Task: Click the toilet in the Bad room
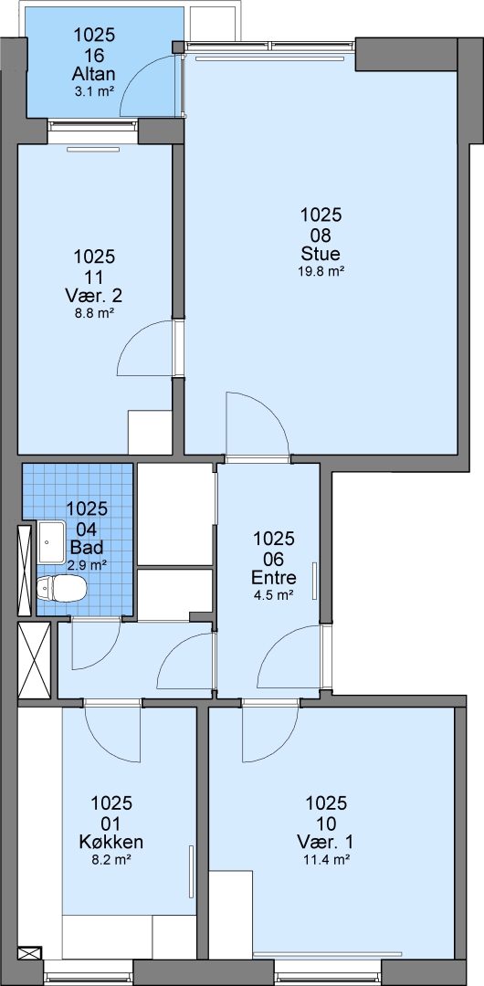[61, 588]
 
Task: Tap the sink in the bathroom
[52, 541]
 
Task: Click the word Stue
[321, 255]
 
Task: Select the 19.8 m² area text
[321, 272]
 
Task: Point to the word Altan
[94, 75]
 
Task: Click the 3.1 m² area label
[94, 91]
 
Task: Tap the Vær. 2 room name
[94, 295]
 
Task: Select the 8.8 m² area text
[94, 312]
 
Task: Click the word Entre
[274, 577]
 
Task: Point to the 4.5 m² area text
[274, 594]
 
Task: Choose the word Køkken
[111, 842]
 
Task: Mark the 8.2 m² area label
[111, 858]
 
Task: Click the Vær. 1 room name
[326, 842]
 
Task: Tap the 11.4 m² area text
[326, 858]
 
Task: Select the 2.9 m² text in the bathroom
[87, 565]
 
